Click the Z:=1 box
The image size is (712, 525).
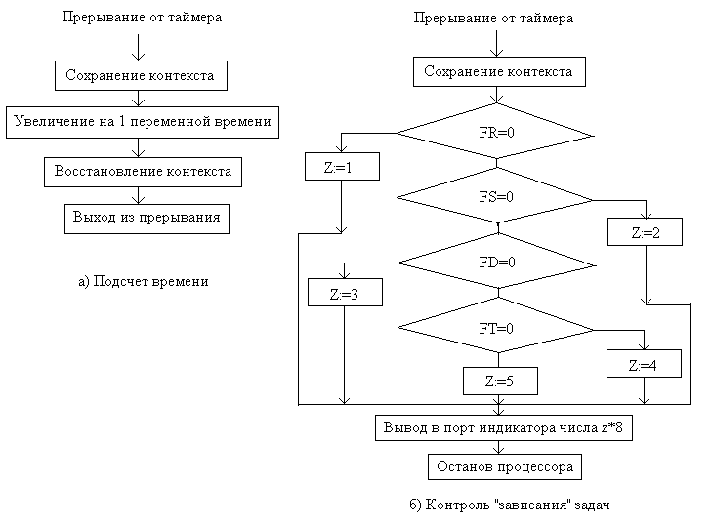337,167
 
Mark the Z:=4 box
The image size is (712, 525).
643,365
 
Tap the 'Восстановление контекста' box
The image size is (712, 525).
143,171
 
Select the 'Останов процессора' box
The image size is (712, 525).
504,467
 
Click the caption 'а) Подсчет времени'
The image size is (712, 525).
143,282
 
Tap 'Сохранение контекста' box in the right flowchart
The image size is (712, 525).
499,71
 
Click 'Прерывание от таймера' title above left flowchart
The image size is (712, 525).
141,18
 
